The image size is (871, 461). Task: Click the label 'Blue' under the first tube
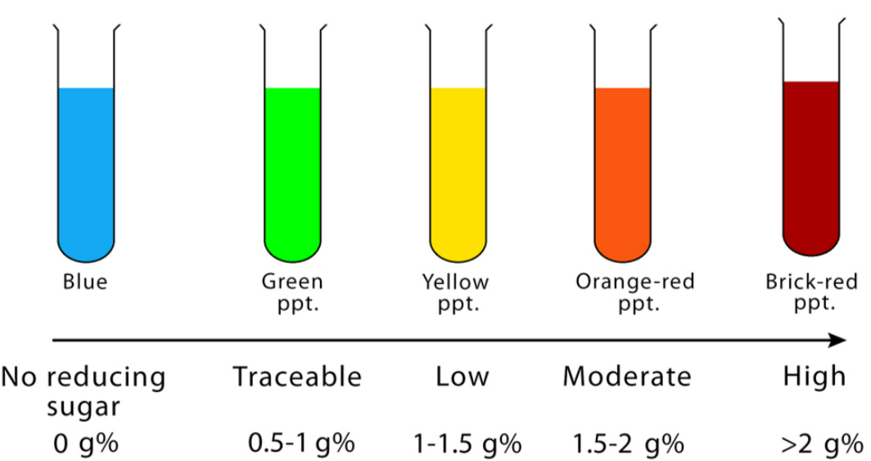(85, 282)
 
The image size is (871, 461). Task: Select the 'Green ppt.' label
(292, 292)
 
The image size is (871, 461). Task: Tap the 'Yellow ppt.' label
(456, 292)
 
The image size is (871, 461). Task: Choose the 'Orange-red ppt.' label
(635, 292)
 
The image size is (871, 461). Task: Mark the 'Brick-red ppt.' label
(812, 292)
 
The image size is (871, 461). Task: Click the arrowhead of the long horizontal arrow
(838, 340)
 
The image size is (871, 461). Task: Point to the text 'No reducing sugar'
(83, 391)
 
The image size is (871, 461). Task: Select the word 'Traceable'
(297, 377)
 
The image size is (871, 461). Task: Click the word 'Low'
(463, 377)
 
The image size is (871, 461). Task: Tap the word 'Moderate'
(627, 377)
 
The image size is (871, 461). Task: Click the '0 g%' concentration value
(85, 445)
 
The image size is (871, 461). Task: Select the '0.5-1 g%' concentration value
(301, 445)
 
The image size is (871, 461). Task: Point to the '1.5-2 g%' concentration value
(629, 445)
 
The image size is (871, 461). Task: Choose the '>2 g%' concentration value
(821, 445)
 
